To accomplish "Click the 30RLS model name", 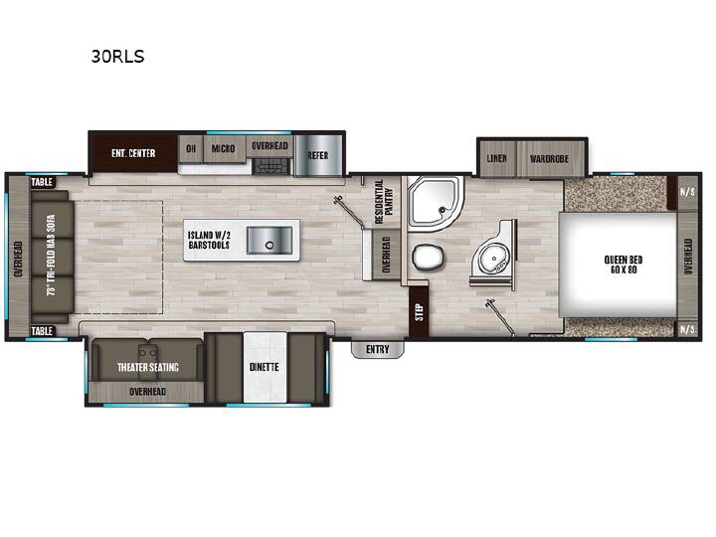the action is (117, 56).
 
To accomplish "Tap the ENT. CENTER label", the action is (133, 153).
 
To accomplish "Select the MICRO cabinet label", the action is (224, 149).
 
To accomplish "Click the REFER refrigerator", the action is (318, 155).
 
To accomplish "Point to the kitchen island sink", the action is (269, 241).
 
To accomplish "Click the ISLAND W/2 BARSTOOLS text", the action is (209, 241).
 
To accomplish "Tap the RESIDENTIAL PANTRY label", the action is (385, 202).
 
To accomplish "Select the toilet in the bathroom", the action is (428, 258).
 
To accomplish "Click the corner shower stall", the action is (435, 201).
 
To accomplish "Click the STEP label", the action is (420, 312).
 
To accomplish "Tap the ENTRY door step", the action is (377, 349).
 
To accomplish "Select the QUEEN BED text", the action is (624, 265).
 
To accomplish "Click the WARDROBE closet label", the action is (549, 159).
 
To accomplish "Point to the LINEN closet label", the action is (496, 158).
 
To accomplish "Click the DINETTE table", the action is (265, 367).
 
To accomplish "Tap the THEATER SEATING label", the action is (148, 367).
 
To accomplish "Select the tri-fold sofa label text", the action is (51, 256).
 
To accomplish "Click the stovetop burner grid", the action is (272, 166).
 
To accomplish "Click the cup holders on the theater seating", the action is (147, 352).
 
